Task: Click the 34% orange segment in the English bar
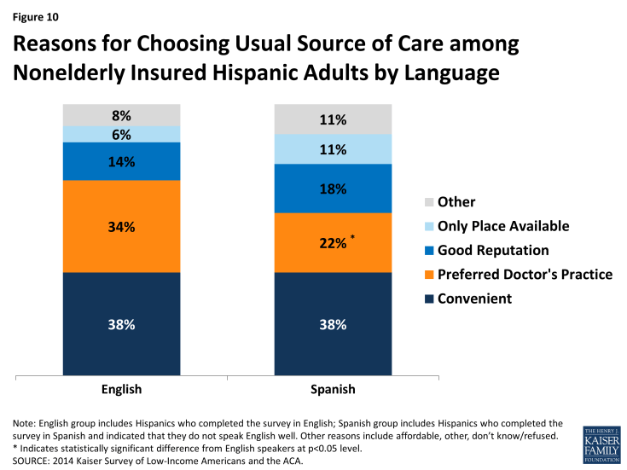pyautogui.click(x=121, y=226)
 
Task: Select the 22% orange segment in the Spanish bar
pyautogui.click(x=333, y=242)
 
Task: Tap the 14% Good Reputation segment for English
pyautogui.click(x=121, y=161)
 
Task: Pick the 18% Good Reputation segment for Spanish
pyautogui.click(x=333, y=189)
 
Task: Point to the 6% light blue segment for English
pyautogui.click(x=121, y=134)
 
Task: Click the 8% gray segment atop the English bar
pyautogui.click(x=121, y=115)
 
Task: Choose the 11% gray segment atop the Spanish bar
pyautogui.click(x=333, y=119)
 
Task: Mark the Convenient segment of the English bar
pyautogui.click(x=121, y=324)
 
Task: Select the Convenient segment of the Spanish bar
pyautogui.click(x=333, y=324)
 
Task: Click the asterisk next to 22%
pyautogui.click(x=351, y=238)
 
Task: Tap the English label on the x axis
pyautogui.click(x=121, y=389)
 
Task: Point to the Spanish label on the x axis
pyautogui.click(x=333, y=389)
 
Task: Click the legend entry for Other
pyautogui.click(x=456, y=202)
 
